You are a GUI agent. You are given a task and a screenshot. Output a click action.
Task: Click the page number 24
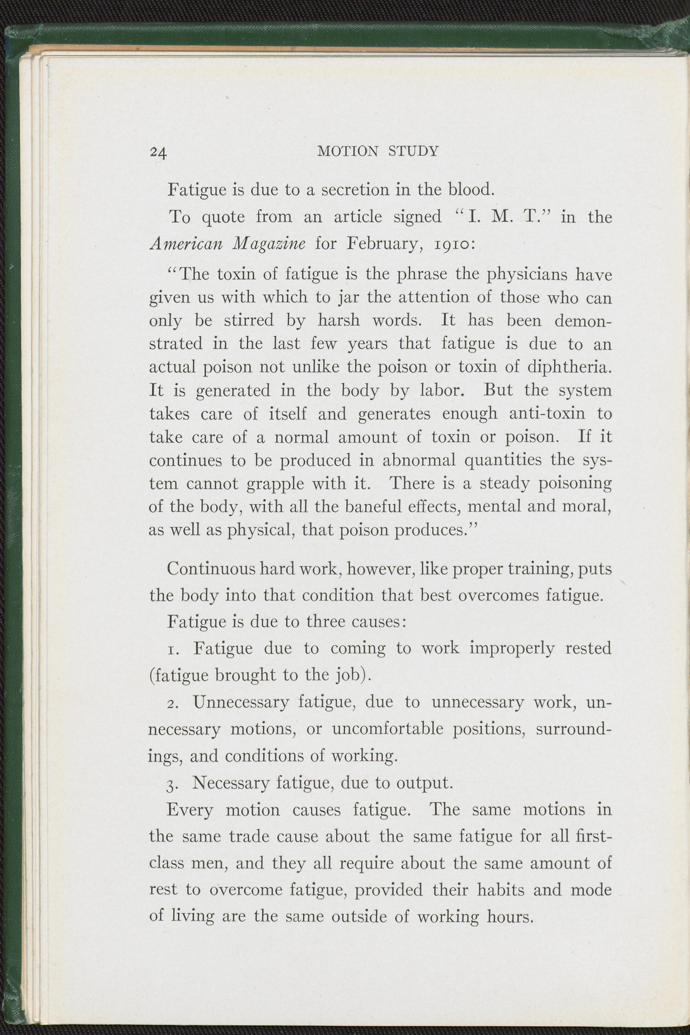(158, 152)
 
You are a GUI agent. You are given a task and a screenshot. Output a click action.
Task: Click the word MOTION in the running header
(348, 151)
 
